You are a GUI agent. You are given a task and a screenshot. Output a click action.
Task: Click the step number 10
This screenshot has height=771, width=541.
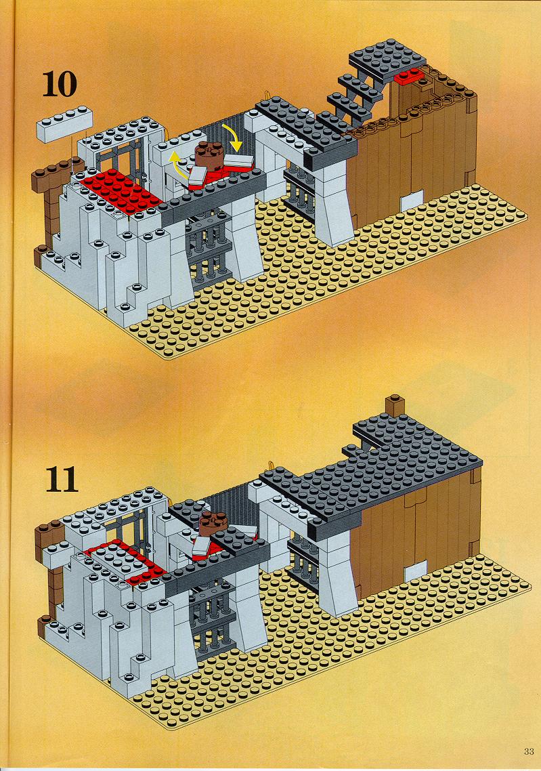point(60,84)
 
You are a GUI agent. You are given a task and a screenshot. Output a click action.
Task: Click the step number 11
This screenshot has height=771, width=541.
point(62,480)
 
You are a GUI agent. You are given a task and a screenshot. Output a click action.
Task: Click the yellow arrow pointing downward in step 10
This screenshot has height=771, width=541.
point(234,137)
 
